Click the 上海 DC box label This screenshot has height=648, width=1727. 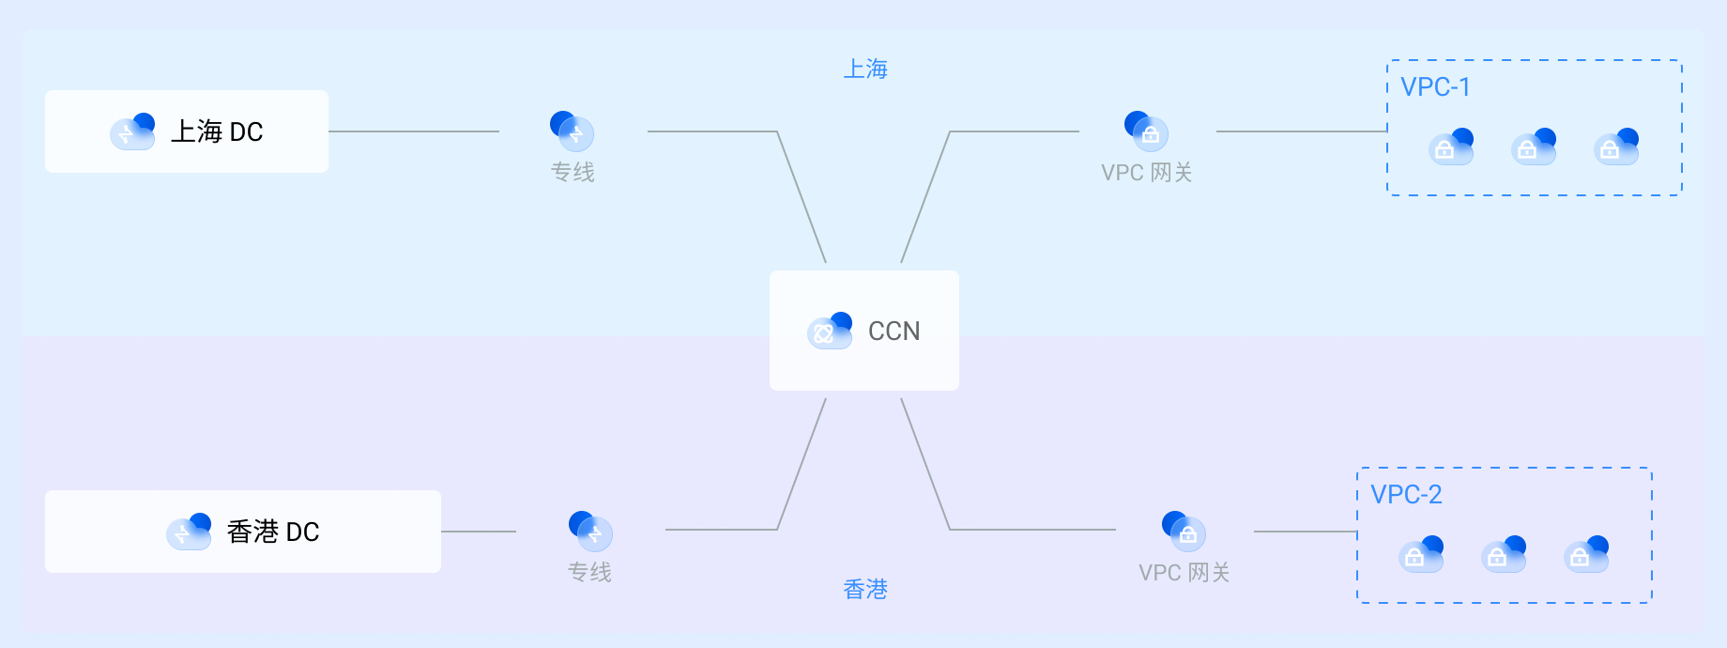point(217,131)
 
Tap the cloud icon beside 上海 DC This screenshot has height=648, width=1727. point(132,131)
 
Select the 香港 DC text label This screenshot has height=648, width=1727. point(273,532)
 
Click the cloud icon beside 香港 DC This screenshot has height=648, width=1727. point(189,532)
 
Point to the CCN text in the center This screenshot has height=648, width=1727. point(894,332)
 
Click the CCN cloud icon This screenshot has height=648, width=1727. point(830,331)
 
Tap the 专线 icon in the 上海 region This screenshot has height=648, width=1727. point(573,131)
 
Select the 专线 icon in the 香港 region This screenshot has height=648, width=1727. point(590,532)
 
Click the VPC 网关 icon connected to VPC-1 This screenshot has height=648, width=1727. point(1146,131)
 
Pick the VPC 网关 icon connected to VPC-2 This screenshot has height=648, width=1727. point(1184,532)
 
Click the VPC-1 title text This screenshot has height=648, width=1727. point(1435,87)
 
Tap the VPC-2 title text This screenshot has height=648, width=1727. point(1405,495)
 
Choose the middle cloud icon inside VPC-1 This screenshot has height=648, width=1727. point(1534,147)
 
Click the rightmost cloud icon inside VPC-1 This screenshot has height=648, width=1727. point(1616,147)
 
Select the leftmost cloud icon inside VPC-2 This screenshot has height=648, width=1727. point(1421,554)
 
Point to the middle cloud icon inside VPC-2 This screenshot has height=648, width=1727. point(1504,554)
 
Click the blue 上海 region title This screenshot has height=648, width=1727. point(865,69)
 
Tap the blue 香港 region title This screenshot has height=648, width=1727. point(865,590)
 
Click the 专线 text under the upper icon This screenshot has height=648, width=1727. point(573,173)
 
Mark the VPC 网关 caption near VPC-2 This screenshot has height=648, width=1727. point(1184,573)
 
